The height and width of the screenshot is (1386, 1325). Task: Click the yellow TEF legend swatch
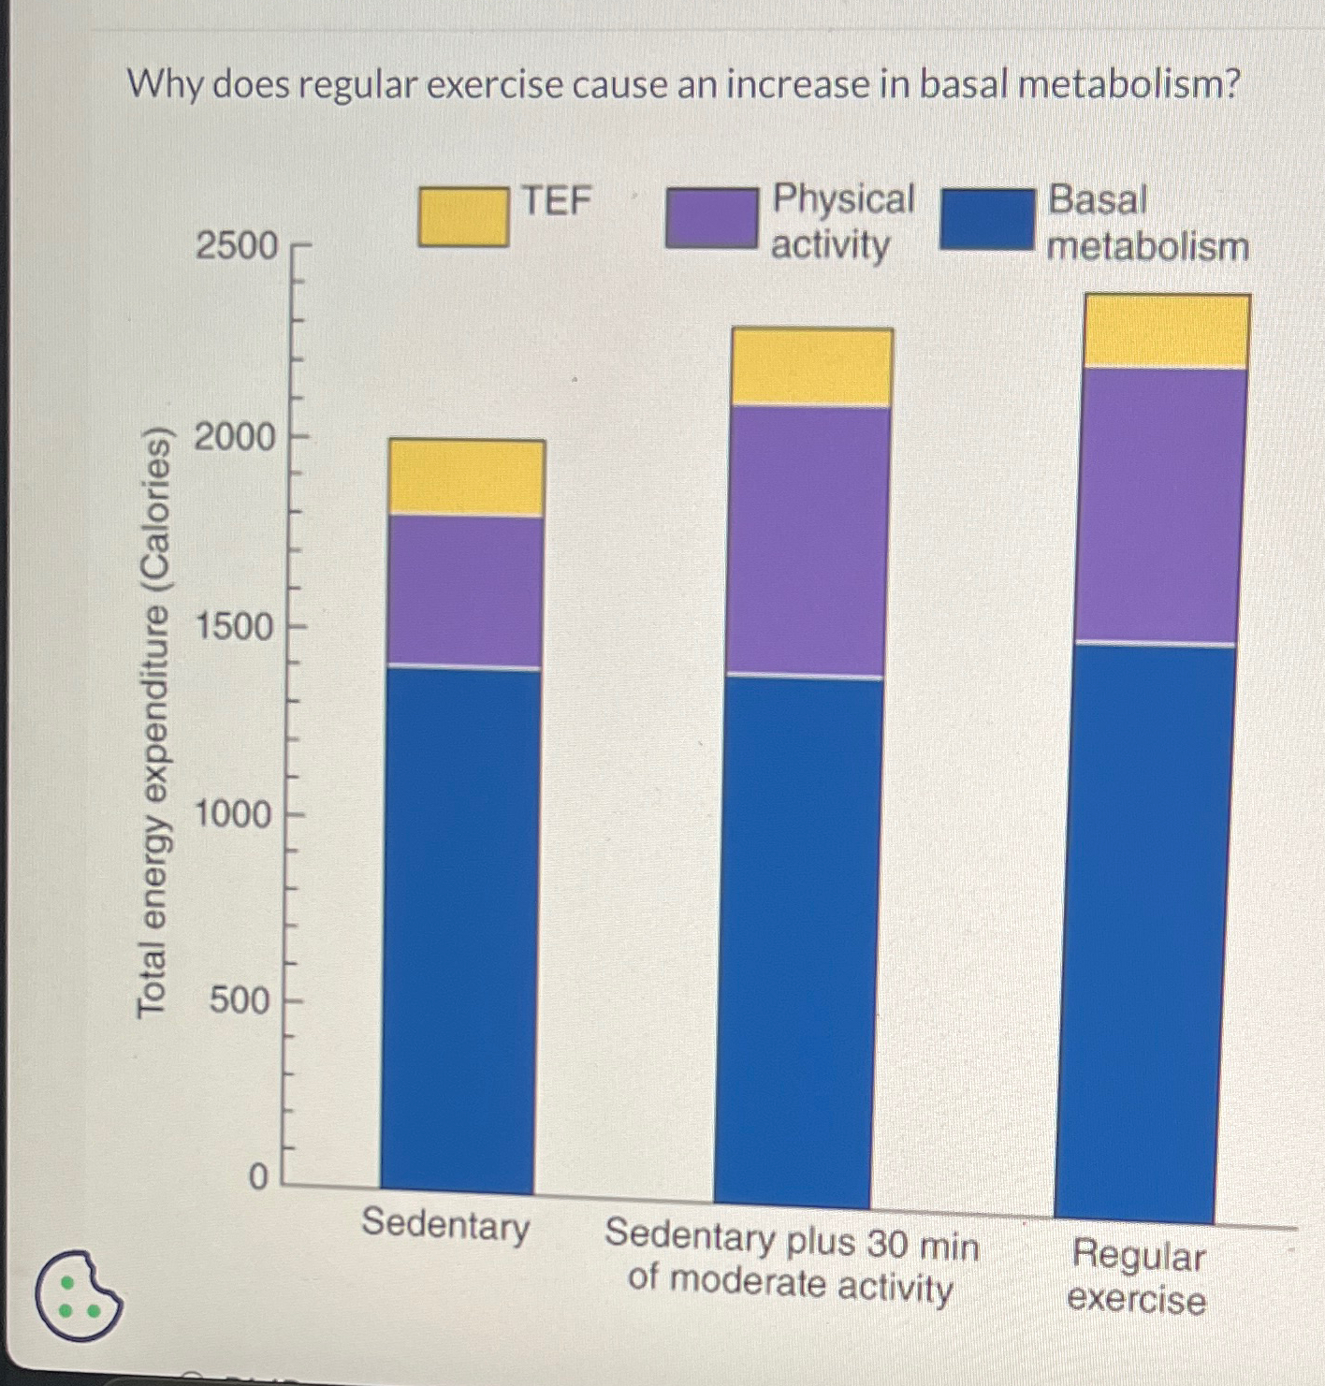[x=463, y=217]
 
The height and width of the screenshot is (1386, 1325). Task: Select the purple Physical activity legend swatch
[x=711, y=218]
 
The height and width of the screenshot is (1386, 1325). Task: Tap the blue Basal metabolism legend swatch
[x=987, y=219]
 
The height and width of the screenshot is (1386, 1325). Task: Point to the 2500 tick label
[x=237, y=246]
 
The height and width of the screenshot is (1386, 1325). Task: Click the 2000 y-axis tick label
[x=235, y=437]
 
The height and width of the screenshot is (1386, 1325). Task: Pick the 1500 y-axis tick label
[x=235, y=626]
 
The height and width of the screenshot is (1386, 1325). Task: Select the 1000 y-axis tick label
[x=233, y=814]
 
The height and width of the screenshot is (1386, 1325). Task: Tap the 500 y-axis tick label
[x=240, y=1000]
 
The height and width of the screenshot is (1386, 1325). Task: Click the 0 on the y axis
[x=258, y=1176]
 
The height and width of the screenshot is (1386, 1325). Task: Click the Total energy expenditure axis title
[x=153, y=721]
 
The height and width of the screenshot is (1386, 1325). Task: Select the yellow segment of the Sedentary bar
[x=467, y=477]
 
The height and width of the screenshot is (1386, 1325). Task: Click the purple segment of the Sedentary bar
[x=465, y=591]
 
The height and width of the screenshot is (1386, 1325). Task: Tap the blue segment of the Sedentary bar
[x=459, y=926]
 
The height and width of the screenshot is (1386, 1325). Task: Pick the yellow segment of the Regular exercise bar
[x=1166, y=331]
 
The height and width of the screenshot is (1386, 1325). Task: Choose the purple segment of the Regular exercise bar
[x=1160, y=505]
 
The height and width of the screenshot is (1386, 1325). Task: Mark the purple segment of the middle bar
[x=808, y=541]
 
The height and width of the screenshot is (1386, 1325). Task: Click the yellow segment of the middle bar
[x=811, y=367]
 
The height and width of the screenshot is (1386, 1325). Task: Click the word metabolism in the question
[x=1129, y=85]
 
